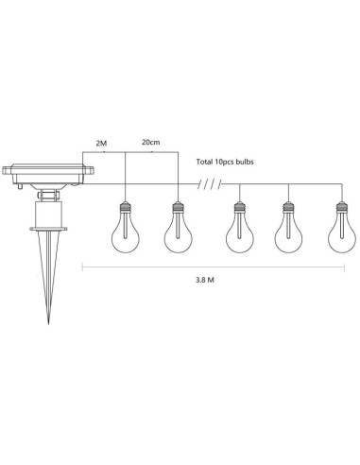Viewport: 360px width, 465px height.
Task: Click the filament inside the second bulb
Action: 175,231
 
